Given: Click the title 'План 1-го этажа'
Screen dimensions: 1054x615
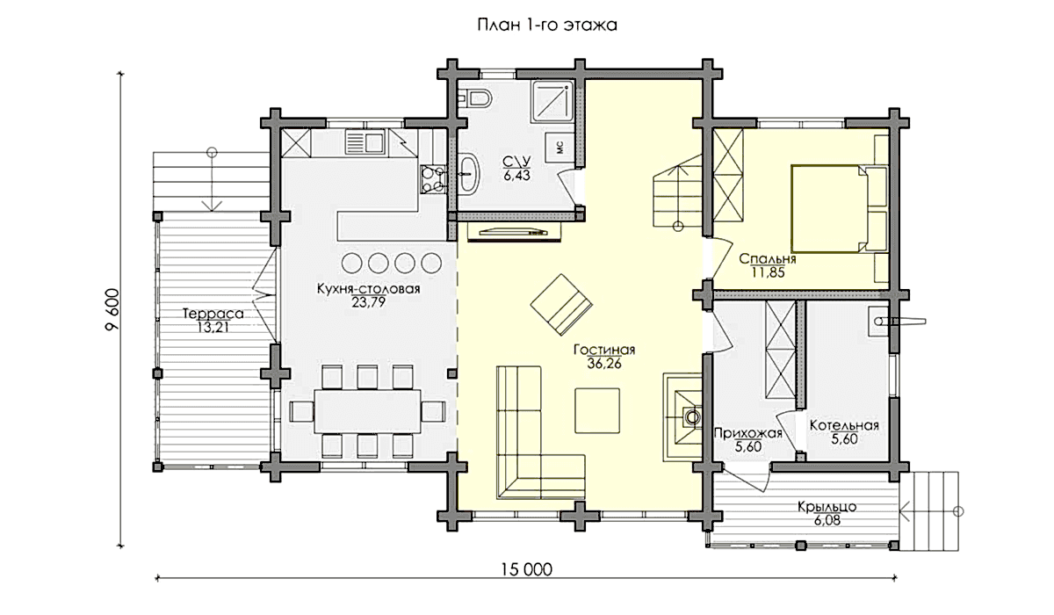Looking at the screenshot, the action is tap(547, 25).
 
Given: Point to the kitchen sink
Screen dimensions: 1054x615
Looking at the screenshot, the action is tap(365, 141).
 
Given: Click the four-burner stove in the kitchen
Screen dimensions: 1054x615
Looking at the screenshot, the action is tap(432, 179).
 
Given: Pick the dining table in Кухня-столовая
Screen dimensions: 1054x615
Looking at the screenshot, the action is tap(367, 411).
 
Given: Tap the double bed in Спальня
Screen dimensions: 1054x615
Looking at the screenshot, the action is tap(839, 208).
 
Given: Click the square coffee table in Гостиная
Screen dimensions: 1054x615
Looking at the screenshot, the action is tap(596, 410).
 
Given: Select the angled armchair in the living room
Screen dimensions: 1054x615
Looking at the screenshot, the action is tap(561, 305).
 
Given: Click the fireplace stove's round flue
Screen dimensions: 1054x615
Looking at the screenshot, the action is tap(692, 417).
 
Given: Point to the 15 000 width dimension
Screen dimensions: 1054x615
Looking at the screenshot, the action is tap(526, 570).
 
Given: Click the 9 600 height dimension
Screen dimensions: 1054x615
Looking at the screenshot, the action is tap(113, 310).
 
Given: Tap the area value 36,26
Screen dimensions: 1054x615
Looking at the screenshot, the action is tap(604, 363).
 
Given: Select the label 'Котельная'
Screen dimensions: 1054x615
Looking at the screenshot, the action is tap(844, 425).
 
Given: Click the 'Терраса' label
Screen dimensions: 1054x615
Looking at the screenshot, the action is tap(213, 314).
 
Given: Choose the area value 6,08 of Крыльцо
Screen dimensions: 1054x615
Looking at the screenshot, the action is tap(827, 520).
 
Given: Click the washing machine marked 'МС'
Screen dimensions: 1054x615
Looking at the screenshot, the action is tap(559, 148).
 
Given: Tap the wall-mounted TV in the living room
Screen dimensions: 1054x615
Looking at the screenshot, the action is tap(515, 232).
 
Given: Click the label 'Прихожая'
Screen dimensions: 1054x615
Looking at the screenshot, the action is tap(747, 433).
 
